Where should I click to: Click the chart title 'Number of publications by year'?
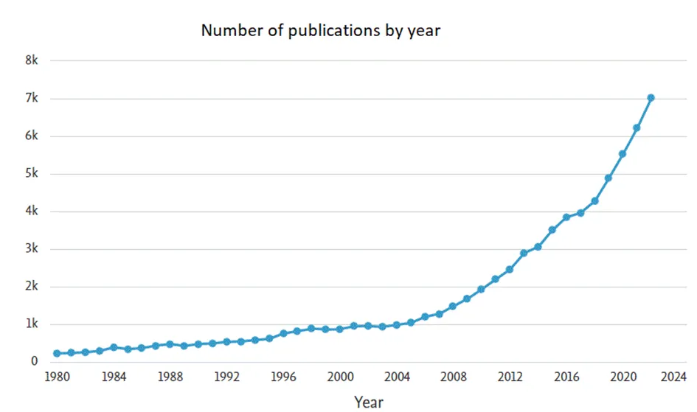pyautogui.click(x=321, y=31)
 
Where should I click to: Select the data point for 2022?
pyautogui.click(x=651, y=97)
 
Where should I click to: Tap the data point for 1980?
pyautogui.click(x=57, y=353)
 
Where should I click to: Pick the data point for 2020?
pyautogui.click(x=623, y=154)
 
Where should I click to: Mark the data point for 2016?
pyautogui.click(x=566, y=217)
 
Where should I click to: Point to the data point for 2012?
pyautogui.click(x=510, y=269)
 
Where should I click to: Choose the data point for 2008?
pyautogui.click(x=453, y=306)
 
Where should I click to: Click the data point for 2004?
pyautogui.click(x=396, y=324)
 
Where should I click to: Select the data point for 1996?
pyautogui.click(x=283, y=333)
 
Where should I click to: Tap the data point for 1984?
pyautogui.click(x=114, y=347)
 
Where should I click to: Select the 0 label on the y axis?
pyautogui.click(x=35, y=362)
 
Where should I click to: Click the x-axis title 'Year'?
pyautogui.click(x=368, y=402)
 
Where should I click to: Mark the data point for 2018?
pyautogui.click(x=594, y=200)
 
